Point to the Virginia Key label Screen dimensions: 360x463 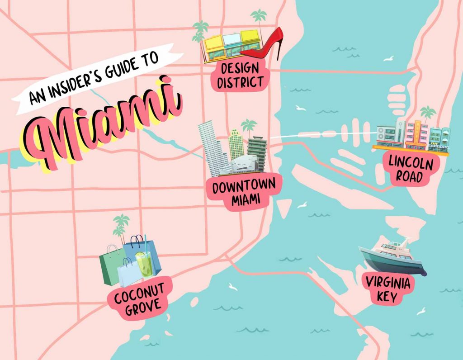[x=388, y=289]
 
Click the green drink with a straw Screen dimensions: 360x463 [x=145, y=264]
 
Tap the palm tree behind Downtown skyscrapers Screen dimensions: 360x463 [x=248, y=126]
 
